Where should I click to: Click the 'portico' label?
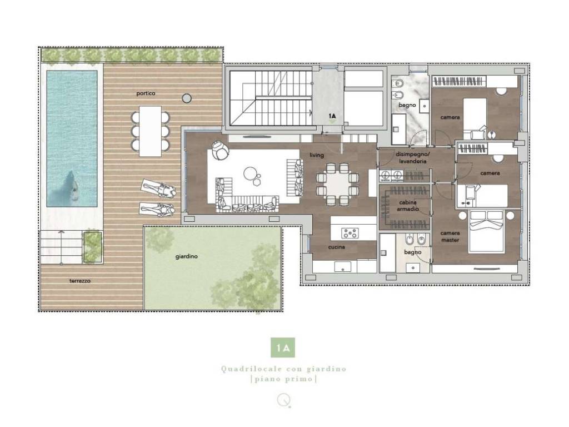click(146, 93)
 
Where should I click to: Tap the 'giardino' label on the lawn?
click(187, 256)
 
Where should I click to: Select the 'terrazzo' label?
click(80, 281)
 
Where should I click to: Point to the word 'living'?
click(316, 155)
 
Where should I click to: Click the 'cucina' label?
click(336, 247)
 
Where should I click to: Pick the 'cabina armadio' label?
click(407, 206)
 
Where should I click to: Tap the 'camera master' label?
click(450, 236)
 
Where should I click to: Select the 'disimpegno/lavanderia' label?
click(412, 157)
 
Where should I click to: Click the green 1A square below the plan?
click(283, 347)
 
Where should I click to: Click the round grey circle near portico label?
click(187, 98)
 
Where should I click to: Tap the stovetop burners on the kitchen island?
click(350, 233)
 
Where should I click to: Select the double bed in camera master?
click(486, 231)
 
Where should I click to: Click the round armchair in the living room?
click(220, 150)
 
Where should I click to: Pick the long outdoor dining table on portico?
click(150, 131)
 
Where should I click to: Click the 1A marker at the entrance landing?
click(332, 116)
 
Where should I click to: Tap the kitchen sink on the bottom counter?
click(342, 267)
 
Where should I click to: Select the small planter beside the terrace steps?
click(92, 246)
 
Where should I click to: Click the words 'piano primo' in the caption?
click(283, 379)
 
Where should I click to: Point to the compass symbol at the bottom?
click(283, 400)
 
